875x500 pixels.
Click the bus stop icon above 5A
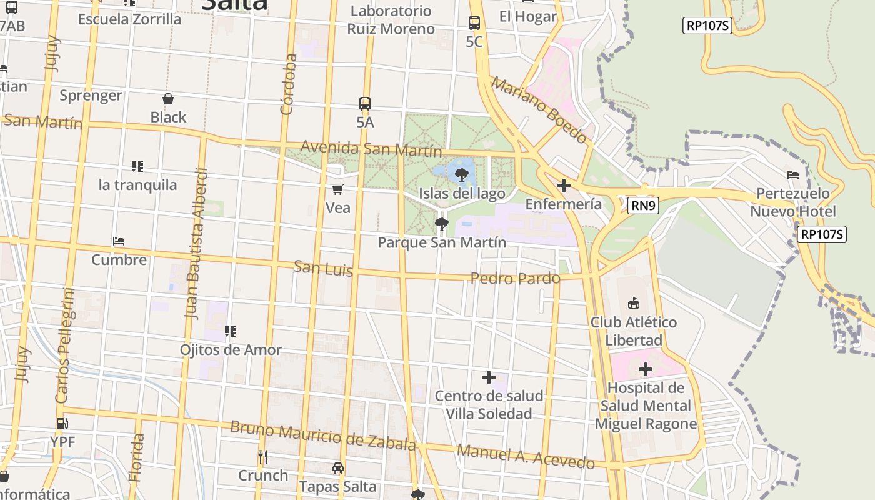coord(365,104)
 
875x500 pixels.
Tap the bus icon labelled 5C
coord(474,23)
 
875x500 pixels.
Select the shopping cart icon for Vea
coord(338,189)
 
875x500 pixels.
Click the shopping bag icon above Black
coord(168,99)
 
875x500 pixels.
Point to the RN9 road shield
coord(644,205)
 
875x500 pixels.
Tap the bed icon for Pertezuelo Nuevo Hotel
coord(793,175)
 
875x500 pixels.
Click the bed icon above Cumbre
coord(119,241)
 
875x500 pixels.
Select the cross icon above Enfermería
coord(563,186)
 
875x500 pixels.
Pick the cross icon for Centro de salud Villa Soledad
coord(489,377)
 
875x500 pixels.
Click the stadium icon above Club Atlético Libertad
coord(634,304)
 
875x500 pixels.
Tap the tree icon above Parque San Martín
coord(442,224)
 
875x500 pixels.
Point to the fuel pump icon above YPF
coord(62,424)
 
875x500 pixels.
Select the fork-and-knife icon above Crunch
coord(263,457)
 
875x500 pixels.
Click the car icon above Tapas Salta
coord(337,468)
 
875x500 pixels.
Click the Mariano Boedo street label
coord(539,109)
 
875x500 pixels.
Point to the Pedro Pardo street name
coord(515,278)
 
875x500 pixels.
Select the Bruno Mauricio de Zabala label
coord(322,436)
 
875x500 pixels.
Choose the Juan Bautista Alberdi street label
coord(196,244)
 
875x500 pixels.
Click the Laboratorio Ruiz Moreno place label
coord(391,20)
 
